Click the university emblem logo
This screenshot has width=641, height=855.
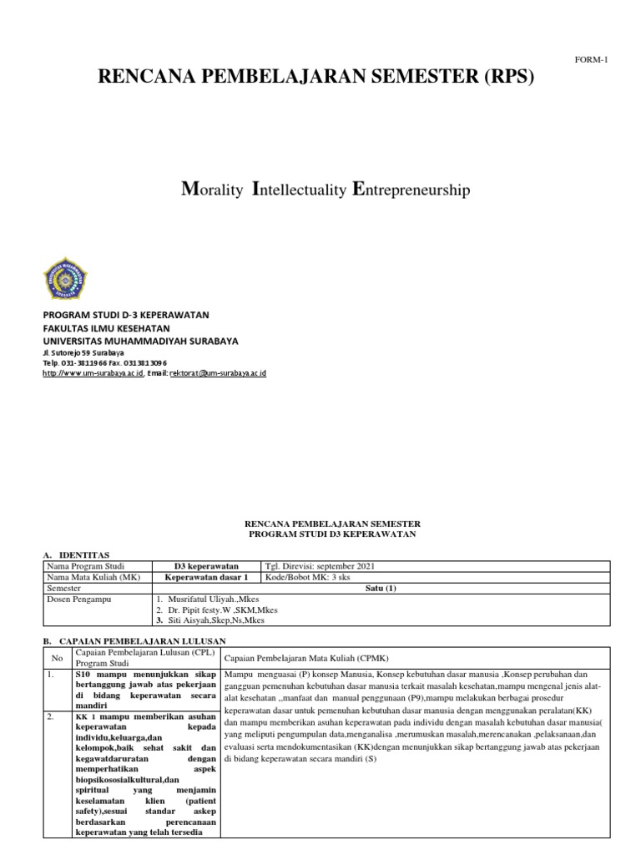(64, 279)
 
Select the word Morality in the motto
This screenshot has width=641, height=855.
(212, 190)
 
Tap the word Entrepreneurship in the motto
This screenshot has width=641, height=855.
(412, 190)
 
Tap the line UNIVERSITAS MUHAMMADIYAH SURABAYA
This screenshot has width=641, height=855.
(139, 341)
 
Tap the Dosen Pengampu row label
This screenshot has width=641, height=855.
(80, 599)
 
